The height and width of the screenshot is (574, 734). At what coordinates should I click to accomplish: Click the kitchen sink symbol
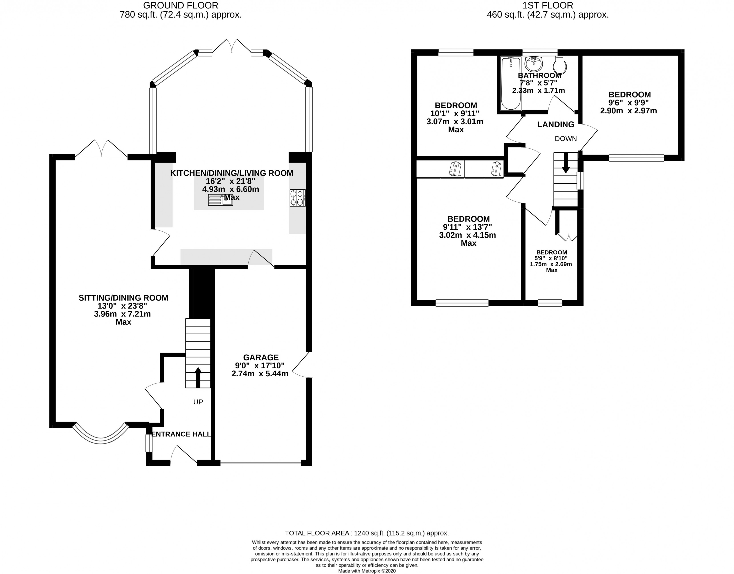[x=220, y=200]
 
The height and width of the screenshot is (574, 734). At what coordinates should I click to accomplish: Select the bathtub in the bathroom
[x=511, y=83]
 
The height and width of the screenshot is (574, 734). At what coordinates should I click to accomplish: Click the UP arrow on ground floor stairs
[x=198, y=377]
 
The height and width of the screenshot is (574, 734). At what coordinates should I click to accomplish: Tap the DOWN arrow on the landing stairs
[x=566, y=163]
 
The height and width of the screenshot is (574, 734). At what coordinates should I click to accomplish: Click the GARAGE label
[x=261, y=357]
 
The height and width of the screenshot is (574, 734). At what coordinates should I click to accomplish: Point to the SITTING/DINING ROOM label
[x=123, y=298]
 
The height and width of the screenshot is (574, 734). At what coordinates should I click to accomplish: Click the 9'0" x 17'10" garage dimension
[x=260, y=365]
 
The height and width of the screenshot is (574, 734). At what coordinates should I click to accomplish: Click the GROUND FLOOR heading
[x=181, y=5]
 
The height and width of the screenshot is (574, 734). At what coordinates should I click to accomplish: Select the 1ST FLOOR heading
[x=548, y=5]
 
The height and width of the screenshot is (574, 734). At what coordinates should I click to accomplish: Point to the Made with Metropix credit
[x=367, y=571]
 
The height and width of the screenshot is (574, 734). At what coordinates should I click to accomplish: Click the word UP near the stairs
[x=198, y=402]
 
